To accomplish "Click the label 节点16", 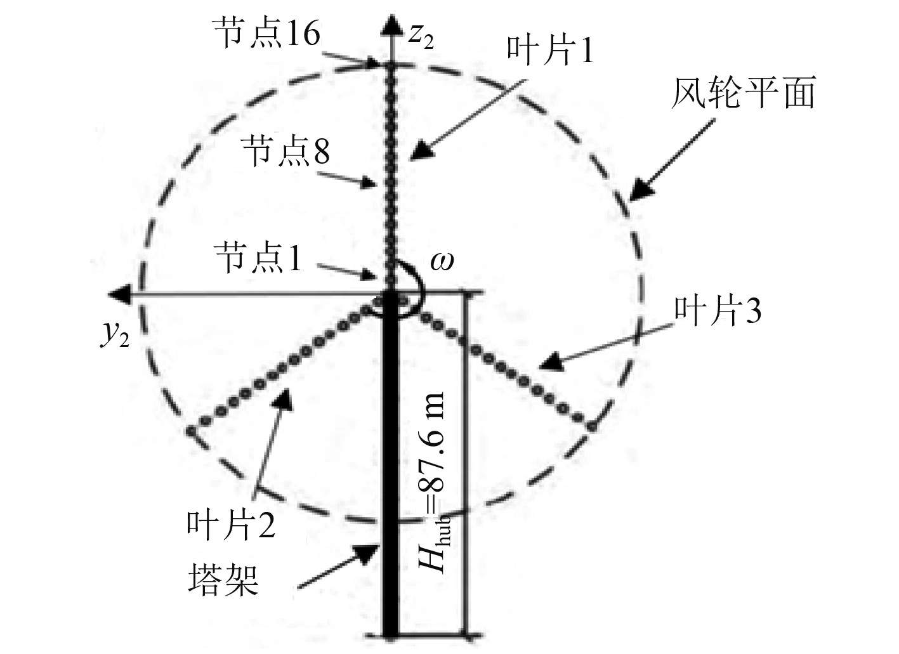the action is [x=266, y=32].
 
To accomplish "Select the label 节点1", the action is [x=258, y=259].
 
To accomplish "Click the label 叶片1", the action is [x=549, y=49].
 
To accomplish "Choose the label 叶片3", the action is [x=717, y=311].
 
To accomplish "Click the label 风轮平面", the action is [x=743, y=93].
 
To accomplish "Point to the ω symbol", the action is [x=442, y=260].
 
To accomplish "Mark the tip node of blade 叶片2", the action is [x=191, y=431].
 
